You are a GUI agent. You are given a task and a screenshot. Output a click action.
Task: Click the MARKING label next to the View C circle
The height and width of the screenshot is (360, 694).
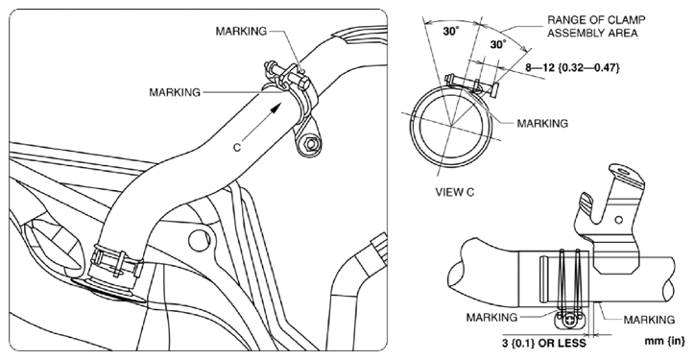click(543, 123)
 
